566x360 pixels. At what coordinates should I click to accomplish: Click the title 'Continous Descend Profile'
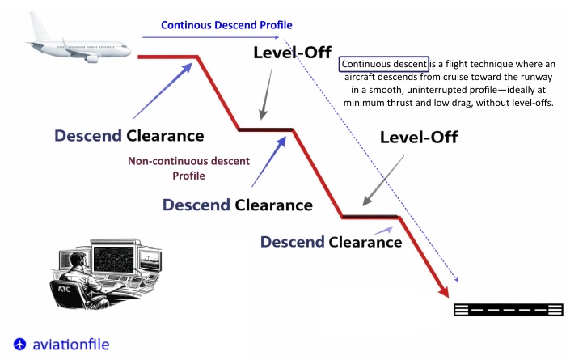(x=226, y=25)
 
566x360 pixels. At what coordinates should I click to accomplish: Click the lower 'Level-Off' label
(x=418, y=138)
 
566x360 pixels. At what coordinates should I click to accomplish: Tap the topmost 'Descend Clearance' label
(x=129, y=136)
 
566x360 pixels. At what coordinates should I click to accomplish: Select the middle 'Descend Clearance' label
(x=237, y=205)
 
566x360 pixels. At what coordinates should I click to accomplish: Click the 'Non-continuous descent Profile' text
(x=188, y=167)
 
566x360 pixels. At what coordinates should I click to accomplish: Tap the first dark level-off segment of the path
(x=265, y=129)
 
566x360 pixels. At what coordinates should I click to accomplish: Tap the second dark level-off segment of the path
(x=370, y=216)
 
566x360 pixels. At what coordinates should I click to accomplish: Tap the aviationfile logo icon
(x=20, y=344)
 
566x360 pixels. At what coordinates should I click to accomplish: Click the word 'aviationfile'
(x=71, y=345)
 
